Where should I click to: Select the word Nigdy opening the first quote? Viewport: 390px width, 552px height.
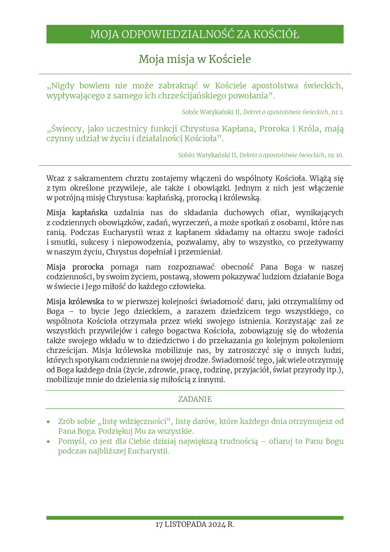[63, 86]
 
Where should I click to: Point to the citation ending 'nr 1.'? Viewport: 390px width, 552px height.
[262, 112]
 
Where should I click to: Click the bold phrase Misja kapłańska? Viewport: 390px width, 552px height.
[77, 213]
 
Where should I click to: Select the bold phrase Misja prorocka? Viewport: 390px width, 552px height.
[75, 267]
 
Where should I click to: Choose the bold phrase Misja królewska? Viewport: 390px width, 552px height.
[75, 302]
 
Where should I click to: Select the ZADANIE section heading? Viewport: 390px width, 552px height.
[195, 399]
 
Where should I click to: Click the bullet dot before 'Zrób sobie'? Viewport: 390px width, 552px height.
[48, 422]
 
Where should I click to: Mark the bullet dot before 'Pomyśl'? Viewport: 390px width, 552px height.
[48, 442]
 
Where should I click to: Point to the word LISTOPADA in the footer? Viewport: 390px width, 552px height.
[185, 525]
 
